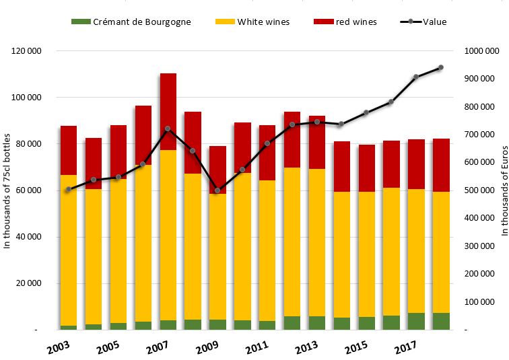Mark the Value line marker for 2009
217,190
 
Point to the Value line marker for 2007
168,129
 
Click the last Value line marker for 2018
441,67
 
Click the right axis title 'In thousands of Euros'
503,190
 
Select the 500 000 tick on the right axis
480,190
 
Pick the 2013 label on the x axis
306,349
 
